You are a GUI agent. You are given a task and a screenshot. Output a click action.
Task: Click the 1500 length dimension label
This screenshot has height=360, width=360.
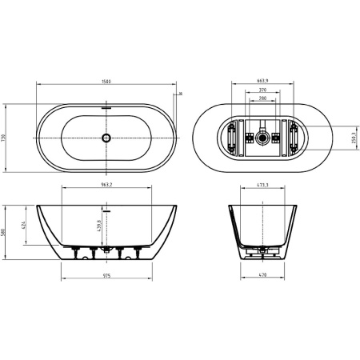(x=106, y=81)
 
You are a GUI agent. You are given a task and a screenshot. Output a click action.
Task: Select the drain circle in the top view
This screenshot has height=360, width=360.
(x=106, y=138)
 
